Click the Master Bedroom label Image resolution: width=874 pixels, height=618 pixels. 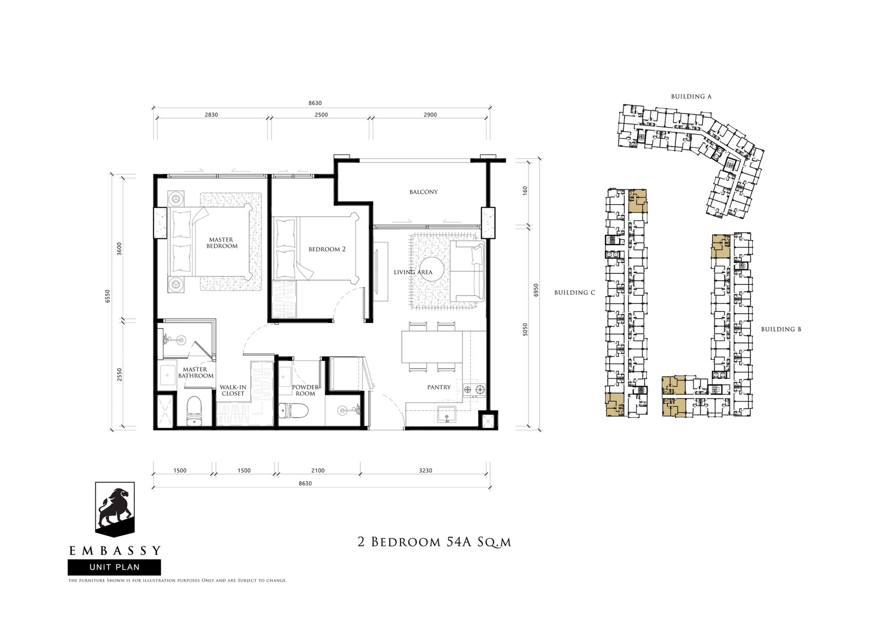(x=222, y=243)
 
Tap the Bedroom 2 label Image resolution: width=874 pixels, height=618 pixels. (x=327, y=249)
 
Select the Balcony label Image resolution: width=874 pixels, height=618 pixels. (x=423, y=192)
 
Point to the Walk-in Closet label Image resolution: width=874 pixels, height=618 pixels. (x=233, y=390)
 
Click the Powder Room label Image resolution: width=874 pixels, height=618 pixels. (x=305, y=390)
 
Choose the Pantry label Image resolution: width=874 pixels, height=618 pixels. (x=439, y=387)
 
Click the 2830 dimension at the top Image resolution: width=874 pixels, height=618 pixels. (x=211, y=115)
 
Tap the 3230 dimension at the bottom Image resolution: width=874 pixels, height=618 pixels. (x=426, y=471)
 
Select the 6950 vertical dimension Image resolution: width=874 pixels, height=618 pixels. (x=536, y=289)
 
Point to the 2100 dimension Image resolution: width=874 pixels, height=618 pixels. (x=317, y=471)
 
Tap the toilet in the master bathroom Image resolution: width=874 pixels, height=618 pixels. (x=194, y=410)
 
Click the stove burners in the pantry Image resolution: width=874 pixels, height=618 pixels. (x=473, y=389)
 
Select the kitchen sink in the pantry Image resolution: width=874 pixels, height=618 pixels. (x=446, y=414)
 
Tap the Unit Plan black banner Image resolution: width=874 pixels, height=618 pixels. (x=114, y=567)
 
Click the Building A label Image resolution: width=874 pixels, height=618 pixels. (x=691, y=96)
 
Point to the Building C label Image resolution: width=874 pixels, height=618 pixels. (x=575, y=293)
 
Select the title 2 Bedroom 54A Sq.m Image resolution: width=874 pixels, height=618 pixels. (x=434, y=542)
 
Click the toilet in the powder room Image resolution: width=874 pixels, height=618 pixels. (x=294, y=410)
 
